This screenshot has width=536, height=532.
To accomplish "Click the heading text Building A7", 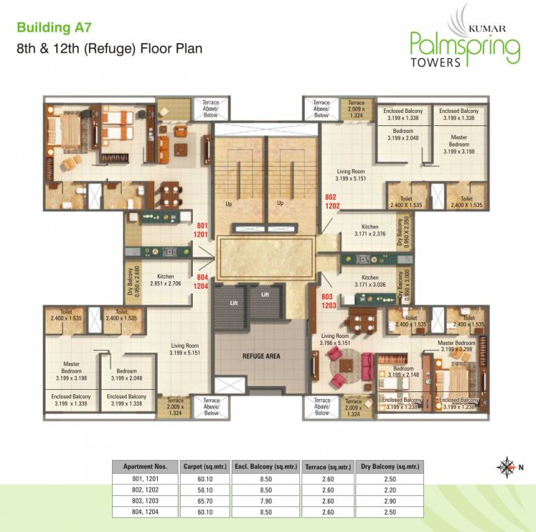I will pos(54,28).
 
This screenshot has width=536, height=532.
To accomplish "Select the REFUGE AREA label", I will pos(260,356).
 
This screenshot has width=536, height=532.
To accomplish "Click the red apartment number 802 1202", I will pos(332,202).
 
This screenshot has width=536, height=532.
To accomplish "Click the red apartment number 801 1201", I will pos(202,230).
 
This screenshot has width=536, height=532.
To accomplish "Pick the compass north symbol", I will pos(507,466).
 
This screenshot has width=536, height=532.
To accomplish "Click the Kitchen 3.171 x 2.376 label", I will pos(369,230).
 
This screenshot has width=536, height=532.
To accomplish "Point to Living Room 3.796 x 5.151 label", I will pos(337,339).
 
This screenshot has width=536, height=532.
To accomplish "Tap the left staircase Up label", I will pos(228,204).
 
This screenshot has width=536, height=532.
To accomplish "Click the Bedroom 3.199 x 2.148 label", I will pos(403,372).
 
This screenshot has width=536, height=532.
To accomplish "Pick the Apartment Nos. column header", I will pos(145,468).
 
